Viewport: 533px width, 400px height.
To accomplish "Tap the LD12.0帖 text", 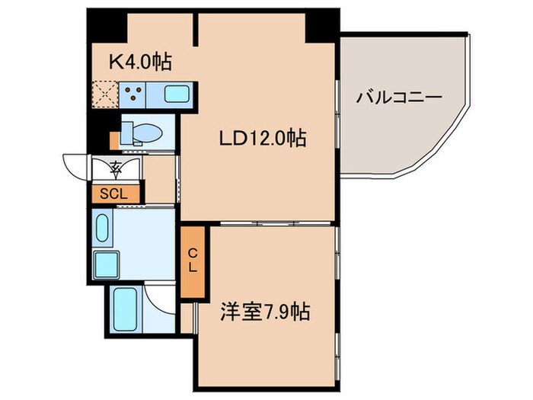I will point(263,139).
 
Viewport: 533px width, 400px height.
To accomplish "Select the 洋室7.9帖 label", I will point(265,312).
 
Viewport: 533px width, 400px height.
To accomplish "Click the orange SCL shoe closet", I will point(115,194).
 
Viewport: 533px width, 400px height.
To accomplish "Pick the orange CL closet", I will point(193,261).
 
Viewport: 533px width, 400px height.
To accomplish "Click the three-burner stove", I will point(134,94).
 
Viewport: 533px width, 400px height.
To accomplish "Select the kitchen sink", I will point(176,95).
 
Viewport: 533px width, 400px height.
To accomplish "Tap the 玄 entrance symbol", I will point(115,167).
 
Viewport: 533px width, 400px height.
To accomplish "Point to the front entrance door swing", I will point(76,166).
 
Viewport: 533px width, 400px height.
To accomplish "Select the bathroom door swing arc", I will point(162,297).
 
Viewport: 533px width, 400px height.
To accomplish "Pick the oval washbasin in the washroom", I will point(103,227).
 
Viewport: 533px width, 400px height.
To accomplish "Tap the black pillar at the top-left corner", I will point(106,27).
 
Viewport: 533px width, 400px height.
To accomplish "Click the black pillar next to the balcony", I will point(322,27).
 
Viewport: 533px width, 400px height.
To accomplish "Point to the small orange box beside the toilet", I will point(114,140).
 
